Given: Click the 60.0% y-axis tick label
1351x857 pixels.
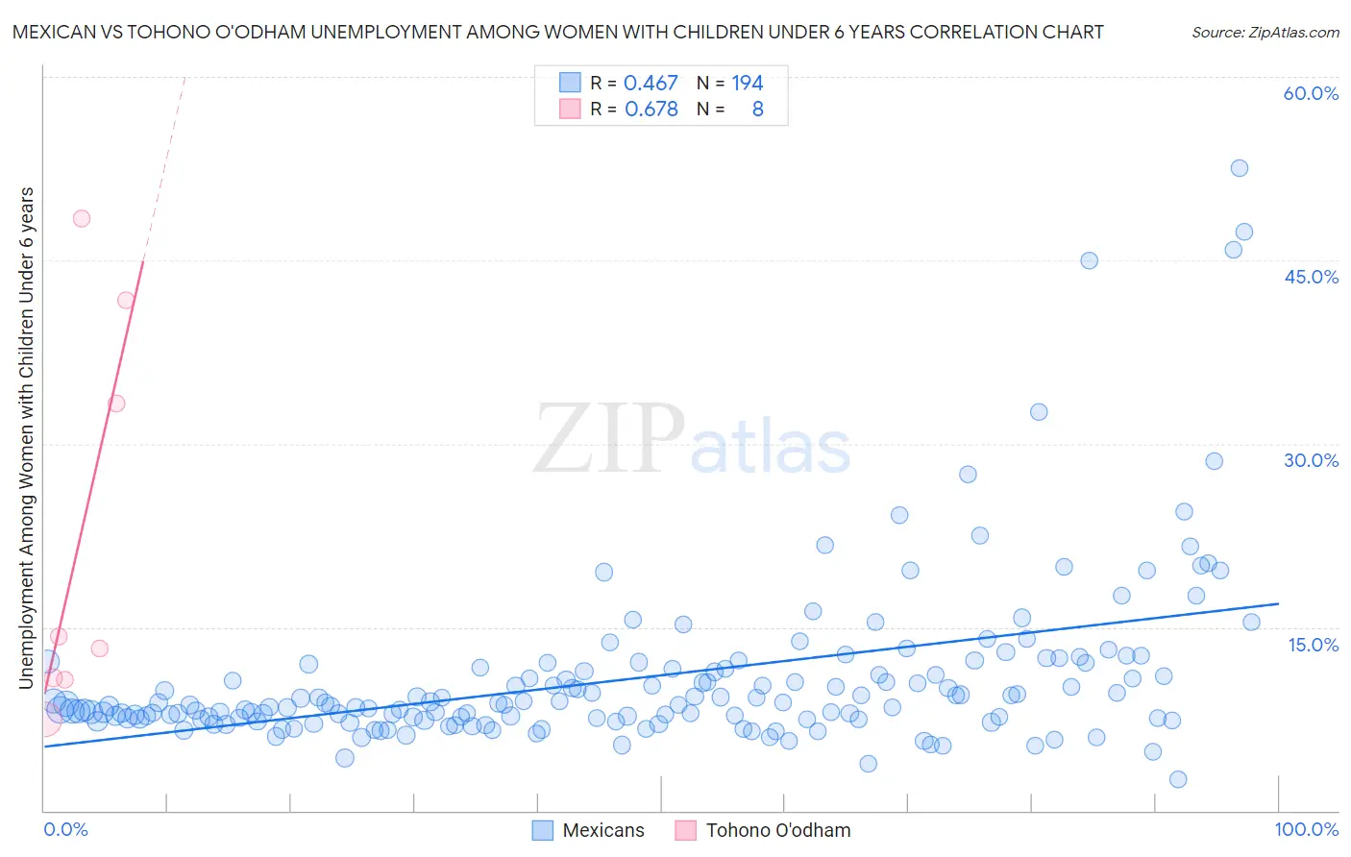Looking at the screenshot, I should coord(1311,93).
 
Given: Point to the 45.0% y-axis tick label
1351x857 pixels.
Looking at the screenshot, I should coord(1311,277).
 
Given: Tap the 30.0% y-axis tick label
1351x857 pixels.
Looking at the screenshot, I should coord(1311,460).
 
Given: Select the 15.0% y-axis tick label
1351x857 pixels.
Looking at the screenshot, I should coord(1313,645).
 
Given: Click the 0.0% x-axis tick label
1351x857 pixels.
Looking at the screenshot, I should coord(65,829).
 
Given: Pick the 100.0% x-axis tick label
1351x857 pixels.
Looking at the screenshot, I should coord(1306,829).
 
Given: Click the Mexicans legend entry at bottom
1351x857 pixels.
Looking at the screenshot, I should coord(588,830).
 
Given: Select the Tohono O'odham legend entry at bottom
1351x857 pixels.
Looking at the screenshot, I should coord(763,830).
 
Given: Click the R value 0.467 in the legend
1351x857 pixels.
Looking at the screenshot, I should coord(651,84).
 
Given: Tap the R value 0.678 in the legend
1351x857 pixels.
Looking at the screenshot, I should coord(651,110).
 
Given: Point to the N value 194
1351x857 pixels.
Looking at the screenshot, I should coord(747,84).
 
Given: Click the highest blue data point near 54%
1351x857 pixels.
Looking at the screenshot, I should coord(1240,168).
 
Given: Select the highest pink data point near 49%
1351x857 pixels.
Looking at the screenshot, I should coord(82,219).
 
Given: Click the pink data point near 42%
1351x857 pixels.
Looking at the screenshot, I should coord(126,301).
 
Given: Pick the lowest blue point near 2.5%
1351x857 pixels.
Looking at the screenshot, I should coord(1178,779).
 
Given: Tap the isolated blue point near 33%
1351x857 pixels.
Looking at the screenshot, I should coord(1039,412).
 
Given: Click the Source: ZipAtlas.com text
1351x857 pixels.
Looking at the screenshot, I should coord(1265,33).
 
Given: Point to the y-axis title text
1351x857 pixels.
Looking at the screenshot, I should coord(27,437).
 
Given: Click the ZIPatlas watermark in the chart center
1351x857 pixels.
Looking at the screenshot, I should coord(692,440).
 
